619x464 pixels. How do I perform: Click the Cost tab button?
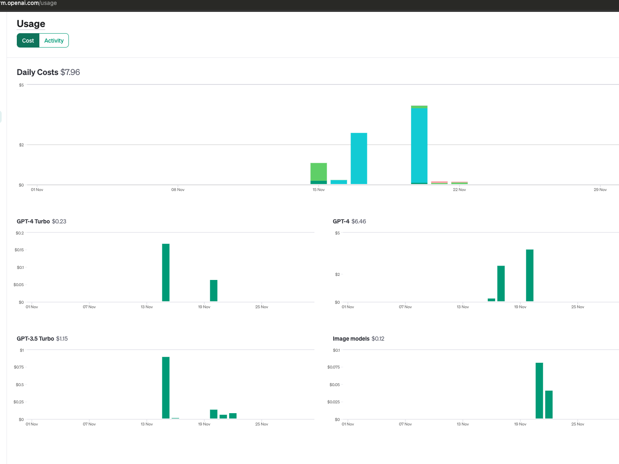28,41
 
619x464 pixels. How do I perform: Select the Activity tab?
54,41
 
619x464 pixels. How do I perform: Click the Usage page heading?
31,24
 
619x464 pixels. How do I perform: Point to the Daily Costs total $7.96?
70,72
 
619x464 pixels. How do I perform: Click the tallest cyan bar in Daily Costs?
419,146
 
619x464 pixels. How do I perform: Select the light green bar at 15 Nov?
319,172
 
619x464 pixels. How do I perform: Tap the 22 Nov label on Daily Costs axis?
459,190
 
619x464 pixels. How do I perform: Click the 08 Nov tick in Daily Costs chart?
178,190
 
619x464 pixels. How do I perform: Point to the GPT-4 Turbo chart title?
33,221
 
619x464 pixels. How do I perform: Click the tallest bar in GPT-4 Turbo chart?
166,273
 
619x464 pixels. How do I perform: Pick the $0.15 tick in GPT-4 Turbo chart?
19,250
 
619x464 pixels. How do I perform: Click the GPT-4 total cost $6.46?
359,221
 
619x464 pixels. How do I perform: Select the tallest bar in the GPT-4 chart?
530,275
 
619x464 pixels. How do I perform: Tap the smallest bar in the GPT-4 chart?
491,300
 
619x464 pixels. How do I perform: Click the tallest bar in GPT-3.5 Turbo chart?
166,387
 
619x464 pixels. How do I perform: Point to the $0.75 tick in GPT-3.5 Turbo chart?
19,367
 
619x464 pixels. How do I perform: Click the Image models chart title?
351,339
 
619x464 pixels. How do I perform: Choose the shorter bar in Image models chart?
549,405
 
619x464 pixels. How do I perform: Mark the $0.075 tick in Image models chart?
334,367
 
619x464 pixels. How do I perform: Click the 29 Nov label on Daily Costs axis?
600,190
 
